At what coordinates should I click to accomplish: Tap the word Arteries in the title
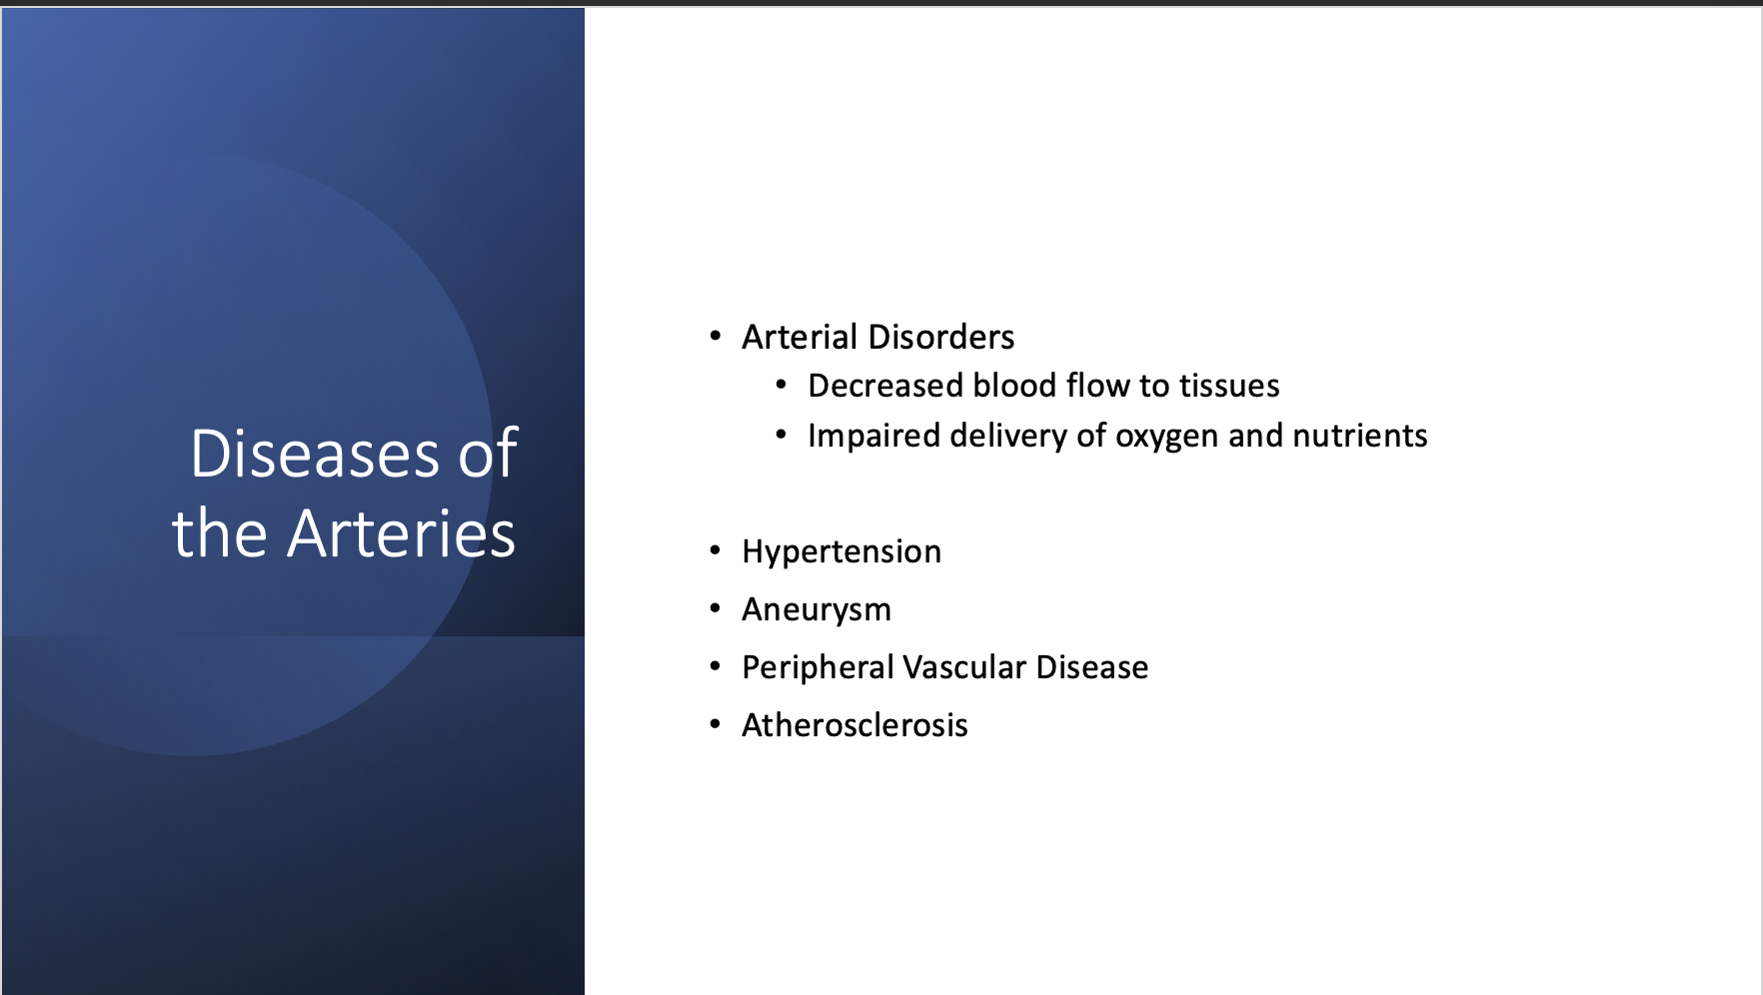pos(401,533)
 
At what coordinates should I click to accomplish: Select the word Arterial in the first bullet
pos(799,338)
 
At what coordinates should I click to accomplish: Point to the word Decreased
pos(883,386)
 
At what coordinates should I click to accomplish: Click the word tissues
pos(1228,386)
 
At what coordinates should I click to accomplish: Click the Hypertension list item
pos(841,552)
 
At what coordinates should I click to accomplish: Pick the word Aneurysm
pos(816,610)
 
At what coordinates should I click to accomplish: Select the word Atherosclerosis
pos(854,725)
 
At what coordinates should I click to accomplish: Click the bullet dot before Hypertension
pos(715,550)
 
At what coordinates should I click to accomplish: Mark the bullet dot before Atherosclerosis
pos(715,724)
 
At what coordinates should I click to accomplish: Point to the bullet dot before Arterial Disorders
pos(715,337)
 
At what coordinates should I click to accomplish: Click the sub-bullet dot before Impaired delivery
pos(781,435)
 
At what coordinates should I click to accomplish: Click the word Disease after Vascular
pos(1091,667)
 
